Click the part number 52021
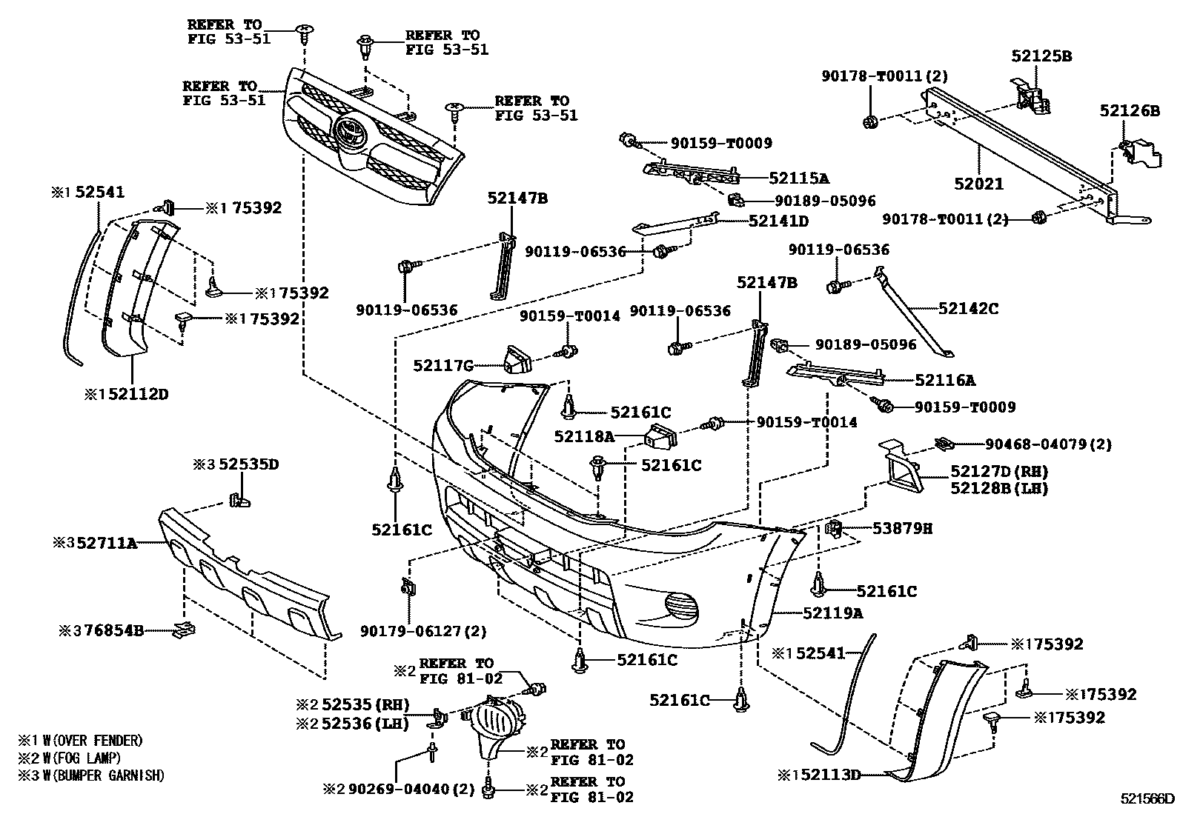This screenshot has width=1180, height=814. tap(978, 184)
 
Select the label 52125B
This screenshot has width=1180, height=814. tap(1042, 56)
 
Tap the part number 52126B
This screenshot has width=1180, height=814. tap(1130, 111)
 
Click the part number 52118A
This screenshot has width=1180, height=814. tap(585, 437)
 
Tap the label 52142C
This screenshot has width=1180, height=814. tap(968, 308)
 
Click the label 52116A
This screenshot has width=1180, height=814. tap(944, 381)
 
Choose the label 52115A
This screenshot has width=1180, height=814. tap(798, 178)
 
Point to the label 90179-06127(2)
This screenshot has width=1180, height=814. tap(424, 631)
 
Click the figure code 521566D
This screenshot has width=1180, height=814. tap(1147, 798)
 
